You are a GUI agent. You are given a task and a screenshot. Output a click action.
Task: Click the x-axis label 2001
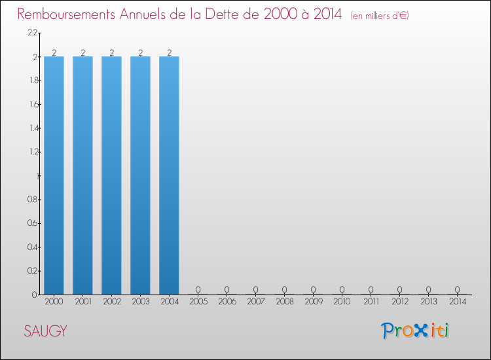point(82,302)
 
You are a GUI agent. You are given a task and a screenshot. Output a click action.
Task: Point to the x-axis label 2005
point(198,302)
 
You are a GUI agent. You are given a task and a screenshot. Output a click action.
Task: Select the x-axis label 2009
point(313,302)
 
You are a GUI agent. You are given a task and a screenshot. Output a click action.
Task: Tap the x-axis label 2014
point(457,302)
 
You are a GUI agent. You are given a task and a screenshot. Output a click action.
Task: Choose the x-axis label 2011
point(371,302)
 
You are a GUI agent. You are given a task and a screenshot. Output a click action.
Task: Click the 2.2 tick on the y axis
point(31,33)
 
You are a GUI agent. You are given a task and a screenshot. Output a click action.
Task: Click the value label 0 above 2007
point(255,289)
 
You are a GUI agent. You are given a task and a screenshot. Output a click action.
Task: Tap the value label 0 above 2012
point(399,289)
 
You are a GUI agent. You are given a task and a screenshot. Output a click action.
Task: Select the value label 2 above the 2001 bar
point(82,52)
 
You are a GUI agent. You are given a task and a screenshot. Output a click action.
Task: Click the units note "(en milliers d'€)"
point(380,15)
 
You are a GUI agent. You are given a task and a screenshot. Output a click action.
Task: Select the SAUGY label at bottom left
point(45,331)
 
